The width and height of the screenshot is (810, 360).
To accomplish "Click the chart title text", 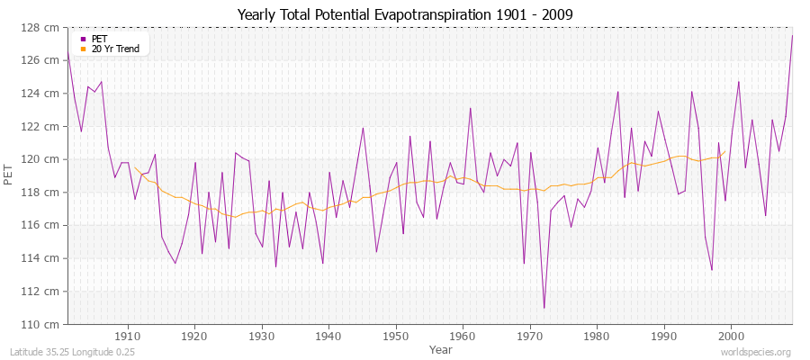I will [x=404, y=14].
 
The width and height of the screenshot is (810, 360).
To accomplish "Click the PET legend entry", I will [x=99, y=39].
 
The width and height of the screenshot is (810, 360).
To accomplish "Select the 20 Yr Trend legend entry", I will [x=115, y=49].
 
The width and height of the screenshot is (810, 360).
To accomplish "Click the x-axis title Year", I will [x=441, y=348].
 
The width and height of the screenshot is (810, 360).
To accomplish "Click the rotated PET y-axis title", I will [x=10, y=175].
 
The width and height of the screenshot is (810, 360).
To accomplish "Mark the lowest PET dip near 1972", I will [x=544, y=308].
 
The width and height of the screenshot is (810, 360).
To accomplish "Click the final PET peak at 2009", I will [x=792, y=36].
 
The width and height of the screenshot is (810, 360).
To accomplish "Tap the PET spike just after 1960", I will [x=470, y=108].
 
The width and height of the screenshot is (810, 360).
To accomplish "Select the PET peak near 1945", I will [x=363, y=128].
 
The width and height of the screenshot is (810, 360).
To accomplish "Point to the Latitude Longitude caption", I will [x=72, y=353].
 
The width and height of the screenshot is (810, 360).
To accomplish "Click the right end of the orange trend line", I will [x=724, y=152].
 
